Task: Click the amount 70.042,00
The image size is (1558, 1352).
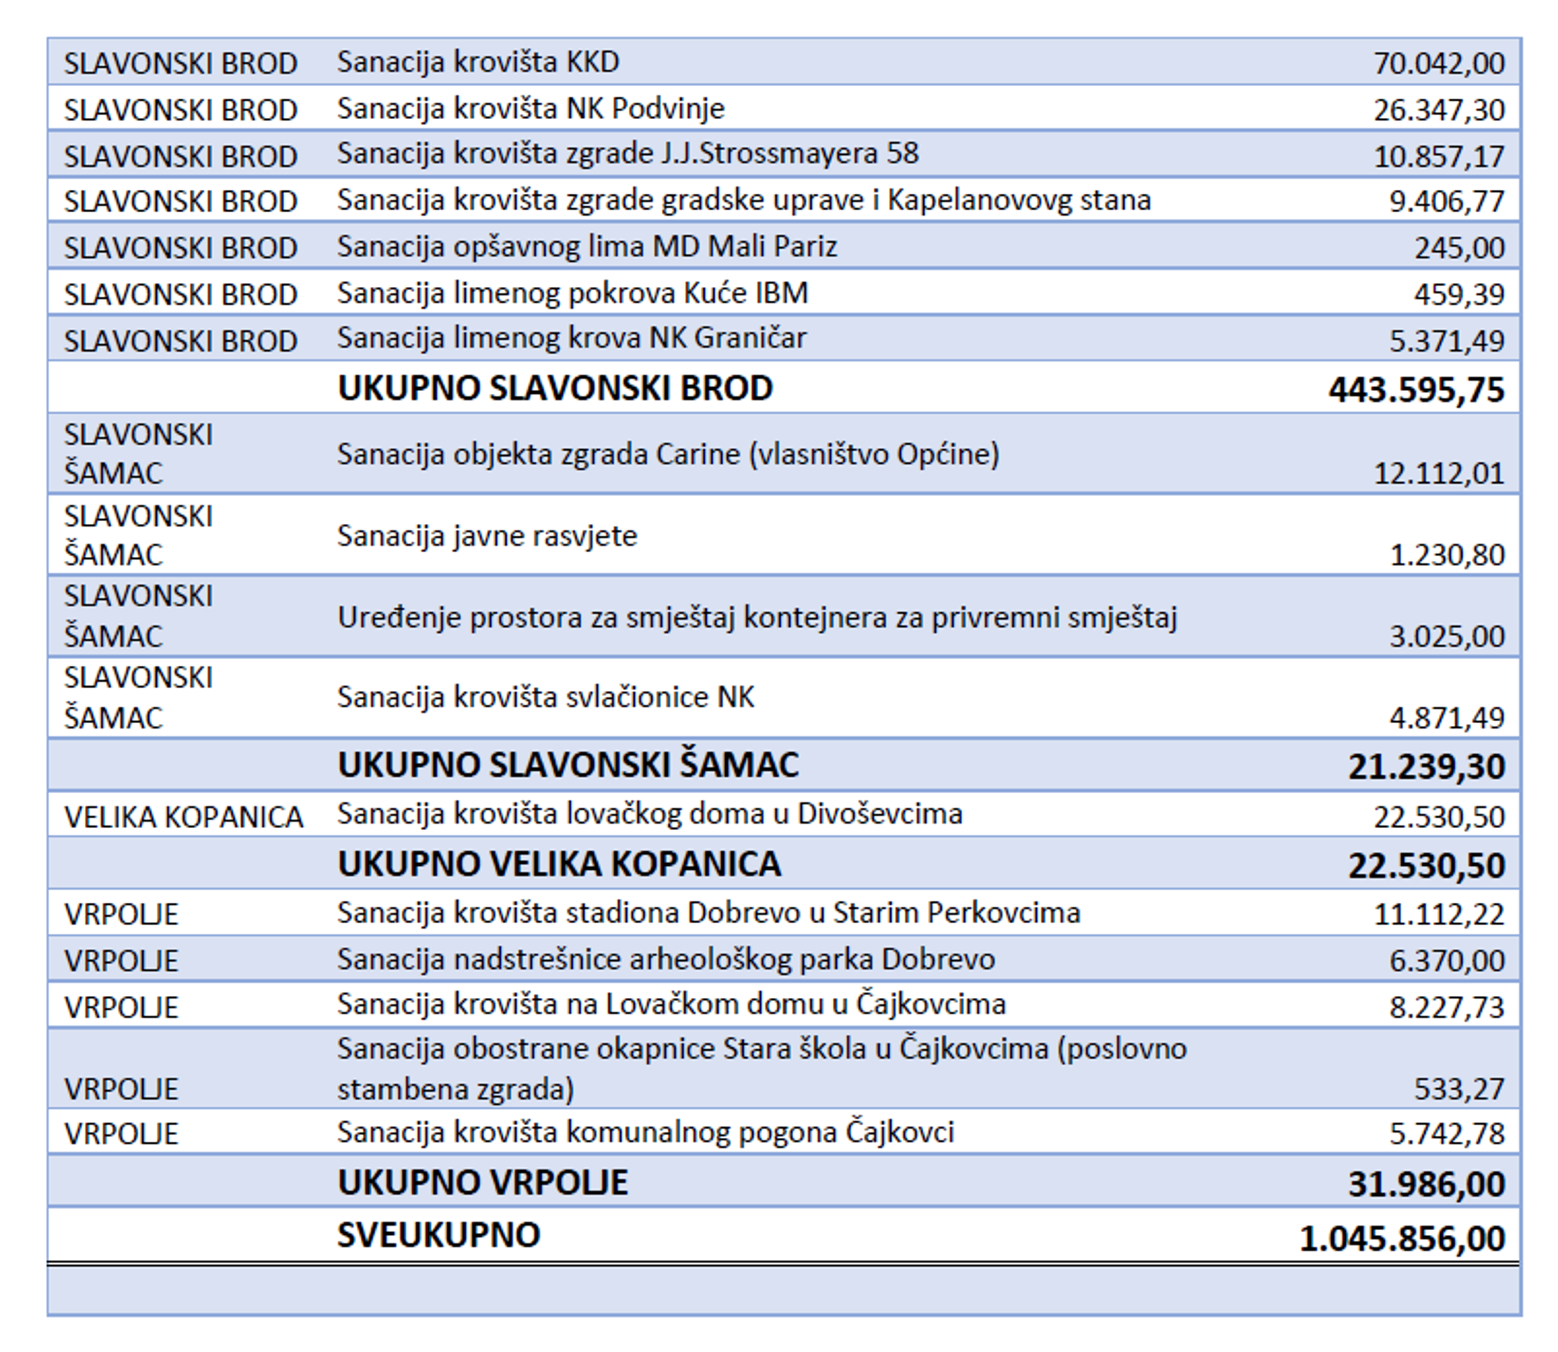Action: [x=1438, y=64]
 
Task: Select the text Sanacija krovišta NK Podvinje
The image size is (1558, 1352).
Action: [x=530, y=109]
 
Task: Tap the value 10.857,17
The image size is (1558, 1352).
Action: [x=1438, y=157]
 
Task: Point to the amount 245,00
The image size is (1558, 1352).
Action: [x=1459, y=248]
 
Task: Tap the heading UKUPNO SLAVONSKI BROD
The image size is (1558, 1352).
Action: [x=555, y=388]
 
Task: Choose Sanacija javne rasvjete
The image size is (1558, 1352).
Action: [x=487, y=536]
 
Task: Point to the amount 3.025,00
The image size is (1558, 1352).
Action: [x=1446, y=637]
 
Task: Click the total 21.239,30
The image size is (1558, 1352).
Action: [x=1426, y=766]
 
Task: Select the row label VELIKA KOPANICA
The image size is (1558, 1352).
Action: [x=184, y=818]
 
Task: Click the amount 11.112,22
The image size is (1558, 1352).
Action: [x=1438, y=915]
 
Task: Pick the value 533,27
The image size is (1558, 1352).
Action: [x=1459, y=1090]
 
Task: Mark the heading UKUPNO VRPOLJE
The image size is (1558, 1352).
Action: [x=482, y=1183]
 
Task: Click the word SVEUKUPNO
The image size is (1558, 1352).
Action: [x=438, y=1236]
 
